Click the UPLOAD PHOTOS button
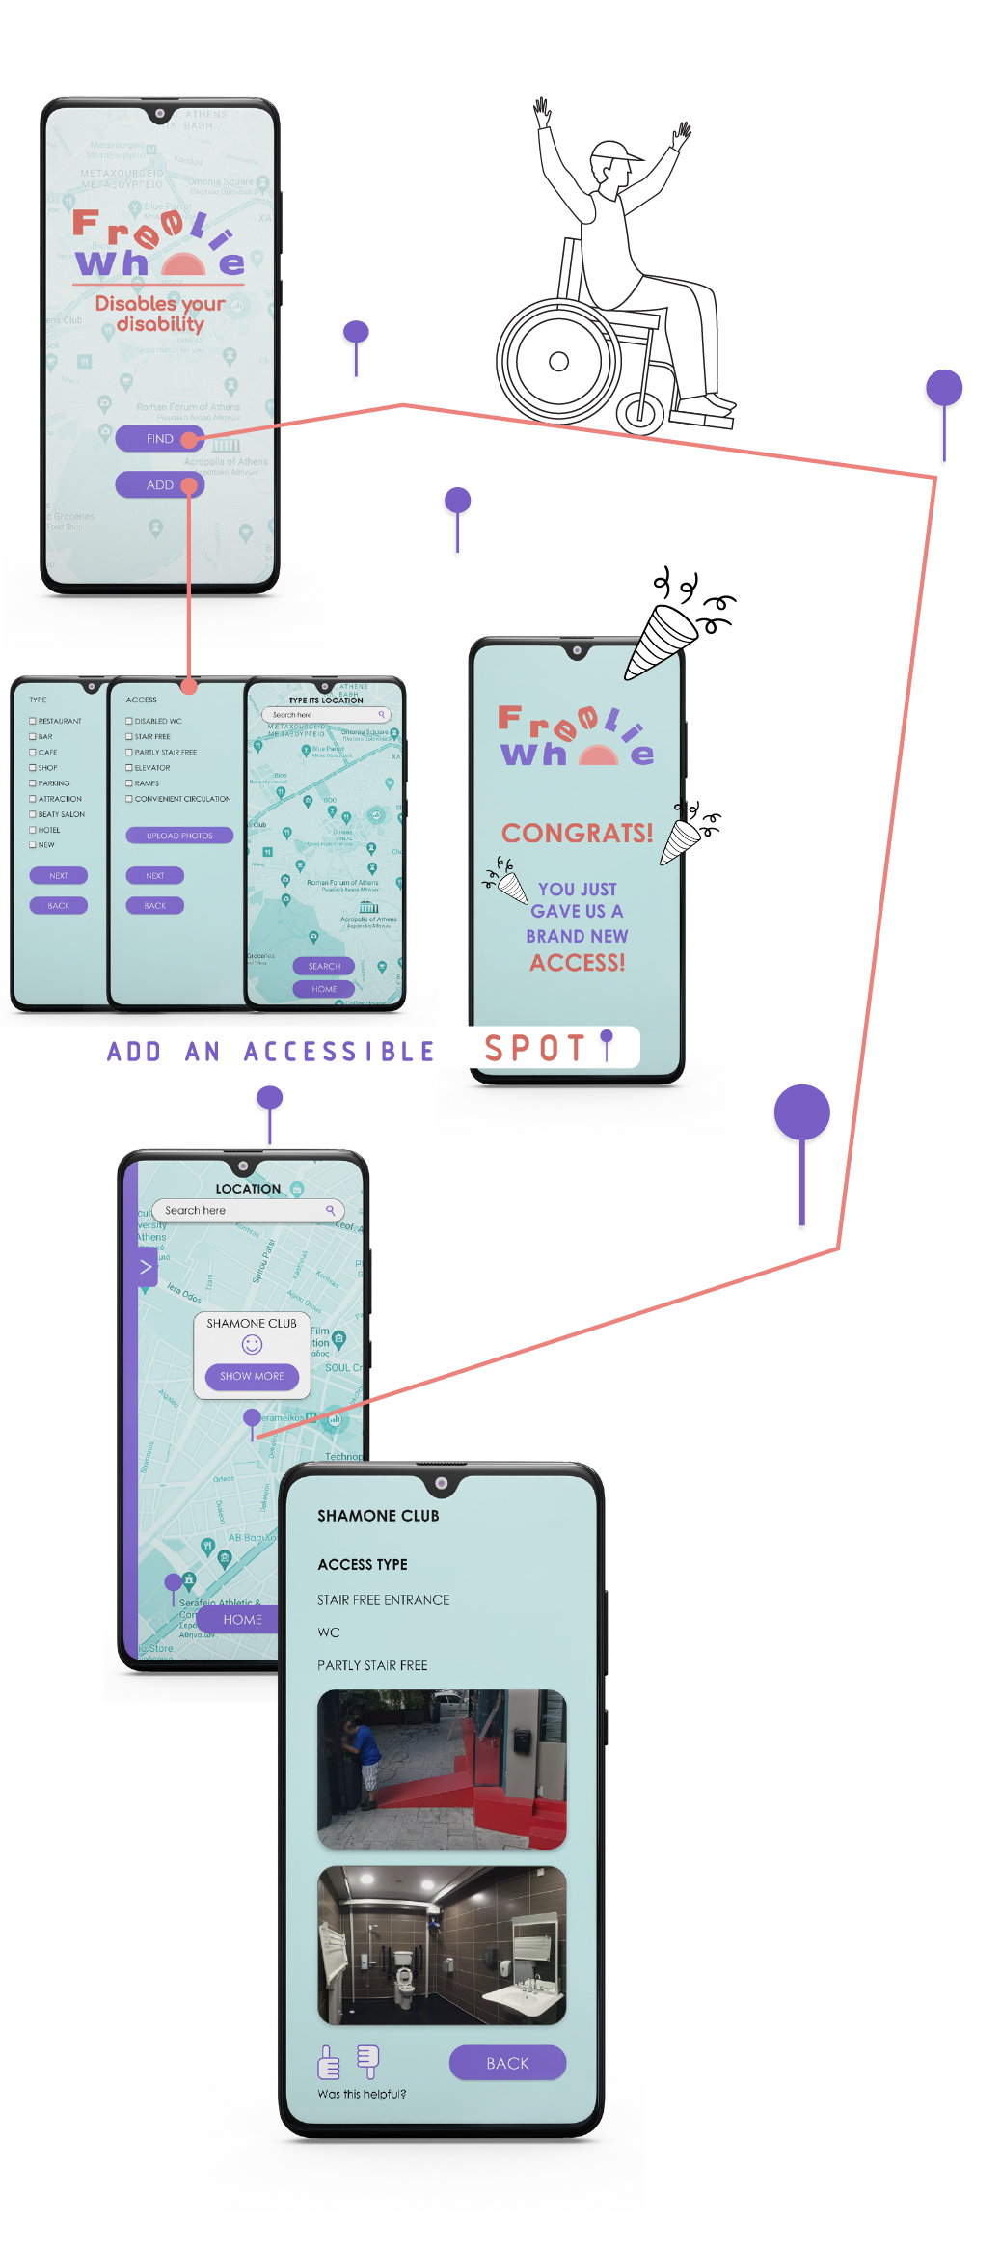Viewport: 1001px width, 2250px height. point(179,836)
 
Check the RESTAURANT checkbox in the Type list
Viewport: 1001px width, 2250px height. point(33,721)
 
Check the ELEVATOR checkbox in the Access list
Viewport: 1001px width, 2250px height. point(129,768)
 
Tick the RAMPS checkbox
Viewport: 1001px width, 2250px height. point(129,783)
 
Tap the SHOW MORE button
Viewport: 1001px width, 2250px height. point(252,1376)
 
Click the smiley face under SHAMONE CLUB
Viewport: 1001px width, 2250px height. point(252,1345)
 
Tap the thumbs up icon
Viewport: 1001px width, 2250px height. point(329,2063)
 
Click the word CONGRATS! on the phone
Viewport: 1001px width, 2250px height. point(577,833)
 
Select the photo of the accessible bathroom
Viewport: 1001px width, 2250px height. point(442,1945)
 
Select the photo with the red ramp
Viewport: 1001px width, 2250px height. point(442,1769)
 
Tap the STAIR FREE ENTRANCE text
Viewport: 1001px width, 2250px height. point(383,1600)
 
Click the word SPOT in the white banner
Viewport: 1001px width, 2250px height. point(535,1048)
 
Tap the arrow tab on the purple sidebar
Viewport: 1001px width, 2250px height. point(146,1267)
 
